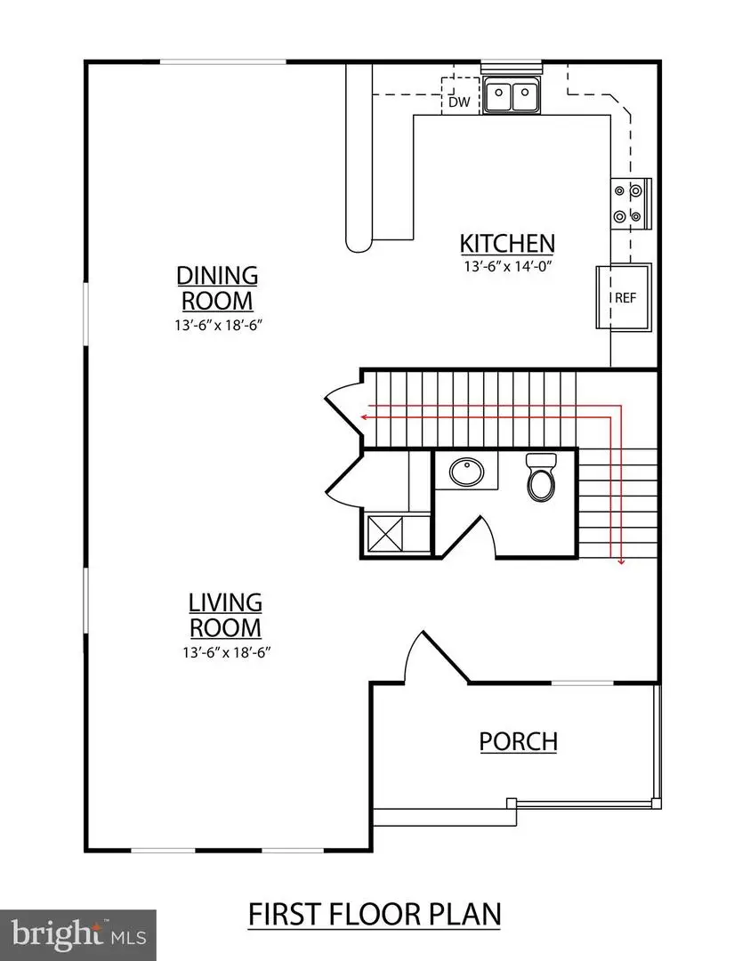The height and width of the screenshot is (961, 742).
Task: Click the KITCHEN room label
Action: click(507, 243)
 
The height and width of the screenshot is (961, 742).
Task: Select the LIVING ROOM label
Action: click(224, 615)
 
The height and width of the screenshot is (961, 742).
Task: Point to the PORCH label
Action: click(518, 740)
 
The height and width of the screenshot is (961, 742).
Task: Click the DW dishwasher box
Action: click(458, 101)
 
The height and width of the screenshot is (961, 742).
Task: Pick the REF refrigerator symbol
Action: click(625, 297)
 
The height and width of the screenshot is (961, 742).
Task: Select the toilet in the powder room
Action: click(541, 477)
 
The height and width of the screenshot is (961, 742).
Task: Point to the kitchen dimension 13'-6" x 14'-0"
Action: click(507, 266)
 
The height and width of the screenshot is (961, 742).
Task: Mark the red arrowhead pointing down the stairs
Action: click(620, 560)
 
